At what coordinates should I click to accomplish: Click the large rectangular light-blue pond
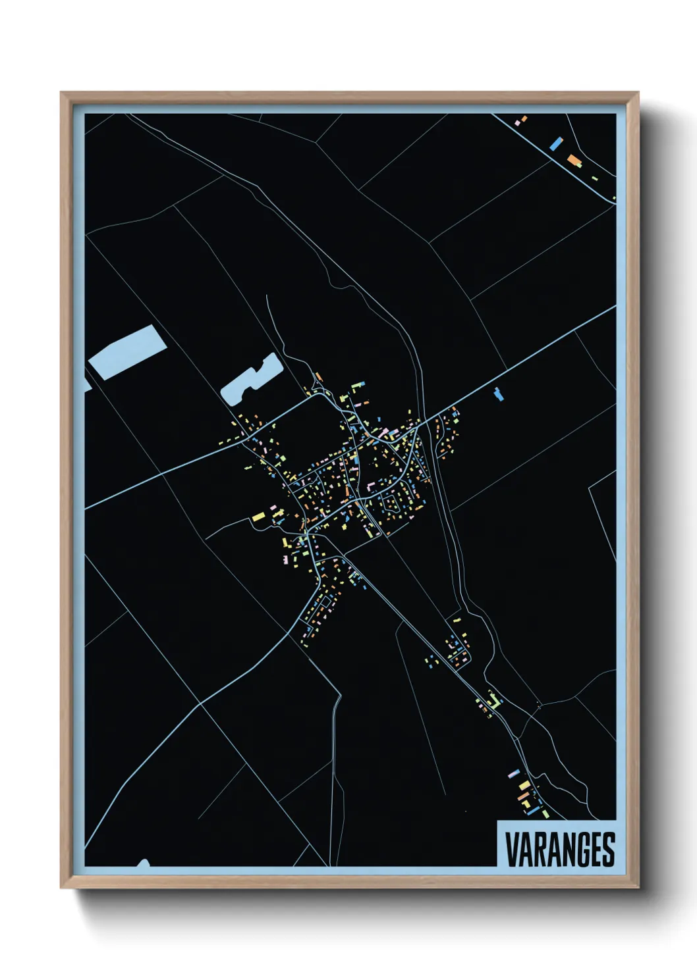(x=127, y=352)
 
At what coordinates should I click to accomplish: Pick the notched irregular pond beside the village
(x=250, y=380)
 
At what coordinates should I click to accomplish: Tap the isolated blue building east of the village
(x=498, y=394)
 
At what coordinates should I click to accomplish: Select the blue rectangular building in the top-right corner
(x=557, y=143)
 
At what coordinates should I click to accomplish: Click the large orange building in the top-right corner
(x=574, y=160)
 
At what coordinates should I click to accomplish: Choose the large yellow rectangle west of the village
(x=258, y=517)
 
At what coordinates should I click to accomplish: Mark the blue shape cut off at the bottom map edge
(x=143, y=863)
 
